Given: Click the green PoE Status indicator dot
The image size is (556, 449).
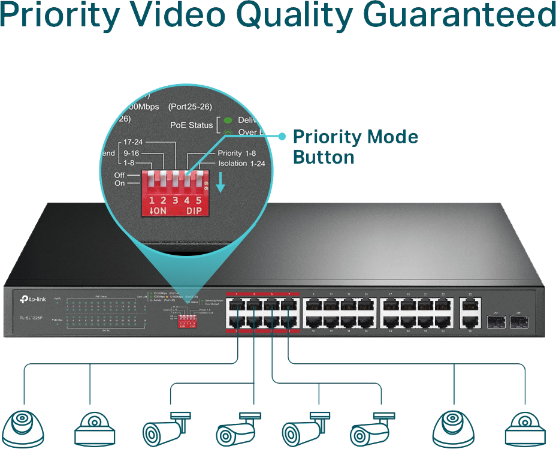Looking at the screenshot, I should click(228, 120).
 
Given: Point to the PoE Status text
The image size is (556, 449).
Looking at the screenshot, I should click(192, 125).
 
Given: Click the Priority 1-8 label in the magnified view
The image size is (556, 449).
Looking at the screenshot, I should click(237, 153).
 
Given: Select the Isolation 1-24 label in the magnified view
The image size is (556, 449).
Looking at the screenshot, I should click(241, 163).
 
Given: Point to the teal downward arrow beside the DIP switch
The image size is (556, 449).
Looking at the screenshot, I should click(220, 183).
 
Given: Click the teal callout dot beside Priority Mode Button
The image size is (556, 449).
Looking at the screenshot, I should click(282, 137).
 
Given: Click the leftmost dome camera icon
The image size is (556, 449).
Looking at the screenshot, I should click(25, 424).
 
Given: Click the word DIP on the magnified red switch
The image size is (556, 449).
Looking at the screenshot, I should click(194, 211).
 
